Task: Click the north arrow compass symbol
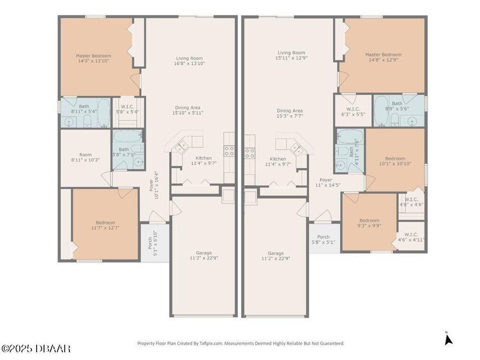click(448, 339)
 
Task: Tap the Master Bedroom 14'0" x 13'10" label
click(93, 59)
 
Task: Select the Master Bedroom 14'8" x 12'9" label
click(383, 57)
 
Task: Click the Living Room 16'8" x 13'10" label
click(189, 61)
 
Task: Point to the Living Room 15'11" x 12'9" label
click(291, 55)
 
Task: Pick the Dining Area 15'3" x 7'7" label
click(290, 113)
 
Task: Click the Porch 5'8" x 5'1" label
click(323, 239)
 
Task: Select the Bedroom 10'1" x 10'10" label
click(395, 161)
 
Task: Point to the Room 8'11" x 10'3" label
click(85, 157)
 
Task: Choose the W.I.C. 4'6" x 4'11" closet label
click(411, 237)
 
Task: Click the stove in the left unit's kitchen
click(229, 151)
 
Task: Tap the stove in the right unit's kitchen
click(250, 153)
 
